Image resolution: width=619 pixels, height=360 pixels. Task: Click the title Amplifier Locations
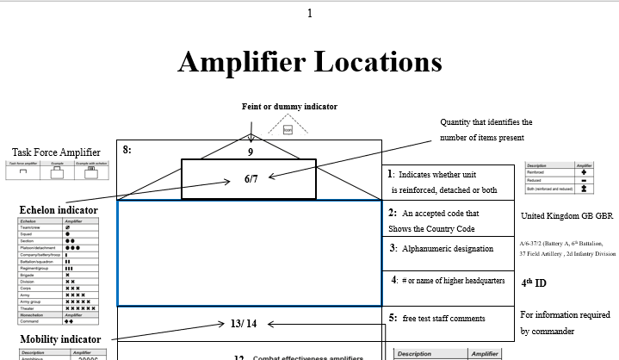coord(310,62)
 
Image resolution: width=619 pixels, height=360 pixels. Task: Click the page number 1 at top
coord(310,13)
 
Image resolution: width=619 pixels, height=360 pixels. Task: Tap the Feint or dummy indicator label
coord(288,107)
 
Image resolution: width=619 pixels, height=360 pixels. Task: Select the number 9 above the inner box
coord(250,152)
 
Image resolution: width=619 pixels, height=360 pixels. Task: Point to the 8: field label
coord(127,150)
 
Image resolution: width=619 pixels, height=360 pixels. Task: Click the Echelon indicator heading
coord(58,209)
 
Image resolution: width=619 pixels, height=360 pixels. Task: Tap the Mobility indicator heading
coord(59,338)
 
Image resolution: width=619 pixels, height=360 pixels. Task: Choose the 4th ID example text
coord(535,282)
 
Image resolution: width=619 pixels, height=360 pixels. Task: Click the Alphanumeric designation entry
coord(442,248)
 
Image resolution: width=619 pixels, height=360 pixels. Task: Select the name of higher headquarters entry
coord(448,281)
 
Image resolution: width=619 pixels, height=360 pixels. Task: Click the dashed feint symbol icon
coord(288,127)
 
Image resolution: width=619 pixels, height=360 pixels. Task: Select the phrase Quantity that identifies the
coord(486,122)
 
